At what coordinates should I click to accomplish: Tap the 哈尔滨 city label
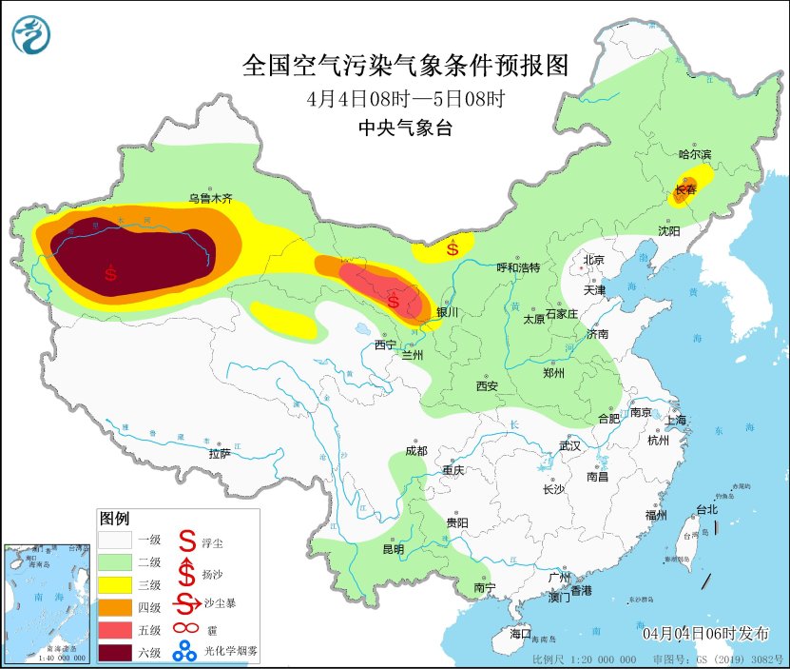pyautogui.click(x=695, y=154)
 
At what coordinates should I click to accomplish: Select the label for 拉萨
pyautogui.click(x=220, y=454)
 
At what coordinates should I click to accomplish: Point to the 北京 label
pyautogui.click(x=593, y=259)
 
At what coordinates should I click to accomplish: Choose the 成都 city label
pyautogui.click(x=416, y=450)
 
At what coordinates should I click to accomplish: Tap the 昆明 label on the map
pyautogui.click(x=393, y=549)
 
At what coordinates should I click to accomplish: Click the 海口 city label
pyautogui.click(x=520, y=633)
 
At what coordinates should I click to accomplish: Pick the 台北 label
pyautogui.click(x=706, y=509)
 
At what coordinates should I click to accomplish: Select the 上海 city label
pyautogui.click(x=676, y=420)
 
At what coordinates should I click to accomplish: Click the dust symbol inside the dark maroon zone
pyautogui.click(x=111, y=273)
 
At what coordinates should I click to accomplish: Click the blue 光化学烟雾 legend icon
pyautogui.click(x=184, y=652)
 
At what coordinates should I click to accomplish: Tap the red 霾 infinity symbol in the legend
pyautogui.click(x=184, y=628)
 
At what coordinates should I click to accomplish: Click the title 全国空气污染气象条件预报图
pyautogui.click(x=405, y=66)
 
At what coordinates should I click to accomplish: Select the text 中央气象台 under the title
pyautogui.click(x=405, y=128)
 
